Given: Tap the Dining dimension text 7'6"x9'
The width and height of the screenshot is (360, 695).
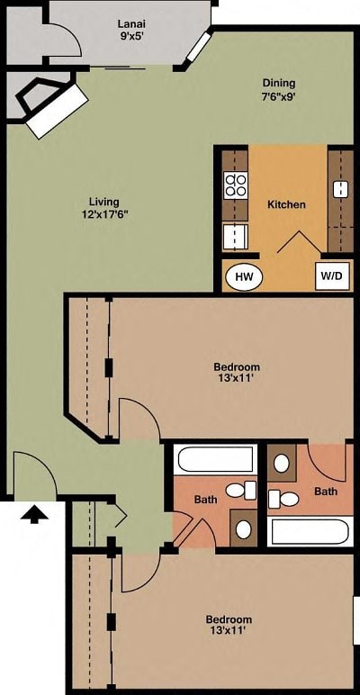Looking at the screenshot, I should [279, 96].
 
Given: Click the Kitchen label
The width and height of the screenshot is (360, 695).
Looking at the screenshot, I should [286, 204].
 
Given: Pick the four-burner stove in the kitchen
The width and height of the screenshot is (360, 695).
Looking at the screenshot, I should [236, 185].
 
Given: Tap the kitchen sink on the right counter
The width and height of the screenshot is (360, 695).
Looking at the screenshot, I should [341, 189].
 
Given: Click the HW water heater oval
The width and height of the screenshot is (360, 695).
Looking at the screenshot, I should [243, 277].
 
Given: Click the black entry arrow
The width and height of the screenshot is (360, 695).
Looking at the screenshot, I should [34, 514].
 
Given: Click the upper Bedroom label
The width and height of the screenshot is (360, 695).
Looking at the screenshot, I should [237, 366].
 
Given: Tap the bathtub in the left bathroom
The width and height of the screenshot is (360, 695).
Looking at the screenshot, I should [216, 460].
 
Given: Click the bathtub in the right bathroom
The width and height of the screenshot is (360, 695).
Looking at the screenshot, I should [309, 531].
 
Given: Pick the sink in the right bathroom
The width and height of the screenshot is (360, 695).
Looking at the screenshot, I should [282, 465].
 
